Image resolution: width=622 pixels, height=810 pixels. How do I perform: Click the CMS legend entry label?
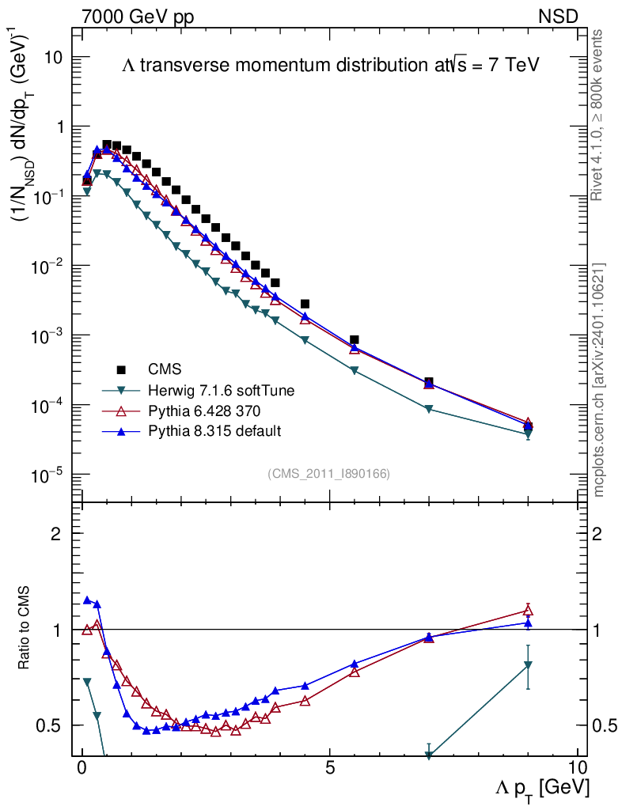click(165, 369)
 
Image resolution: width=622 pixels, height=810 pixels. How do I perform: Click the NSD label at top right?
click(559, 16)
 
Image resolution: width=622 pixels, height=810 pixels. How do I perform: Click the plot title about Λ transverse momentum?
click(330, 66)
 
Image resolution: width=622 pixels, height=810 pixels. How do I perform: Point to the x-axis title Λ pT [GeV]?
click(542, 788)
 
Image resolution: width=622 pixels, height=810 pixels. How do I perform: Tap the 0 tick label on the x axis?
click(82, 768)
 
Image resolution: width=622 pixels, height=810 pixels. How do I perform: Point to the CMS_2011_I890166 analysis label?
click(328, 473)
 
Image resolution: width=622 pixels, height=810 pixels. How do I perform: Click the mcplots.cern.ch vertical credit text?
click(600, 380)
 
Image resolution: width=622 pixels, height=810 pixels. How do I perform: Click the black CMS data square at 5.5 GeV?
click(355, 339)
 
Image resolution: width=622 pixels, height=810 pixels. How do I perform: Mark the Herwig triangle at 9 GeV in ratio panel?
click(528, 666)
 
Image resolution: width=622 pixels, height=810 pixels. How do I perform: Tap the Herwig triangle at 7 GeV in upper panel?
click(429, 409)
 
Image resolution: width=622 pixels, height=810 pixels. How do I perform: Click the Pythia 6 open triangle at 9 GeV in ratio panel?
click(528, 610)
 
